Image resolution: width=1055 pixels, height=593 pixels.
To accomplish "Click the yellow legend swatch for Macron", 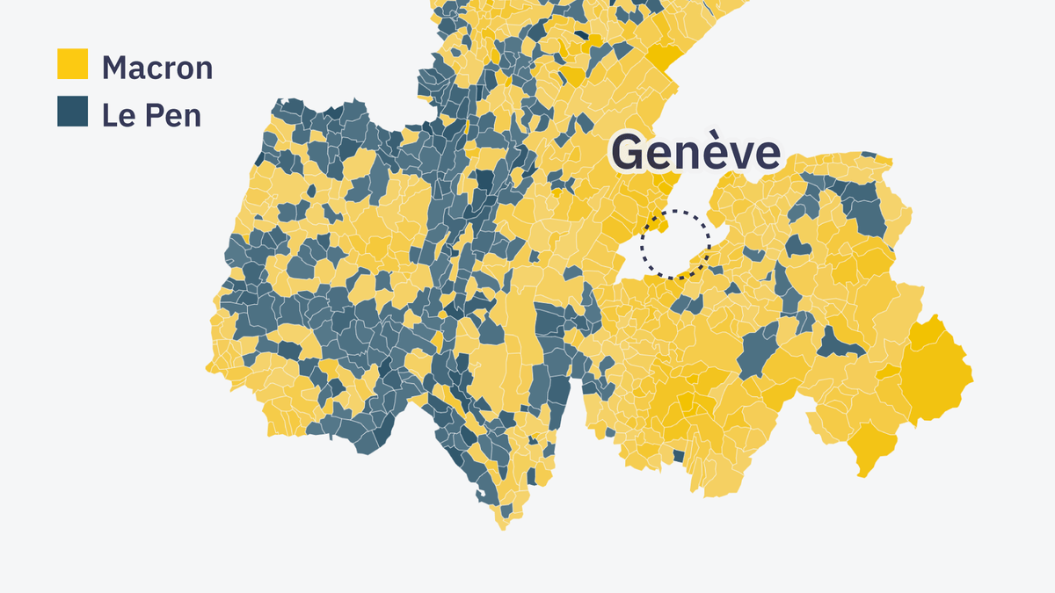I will pos(72,65).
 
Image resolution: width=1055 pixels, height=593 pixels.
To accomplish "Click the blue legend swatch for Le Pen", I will pos(72,112).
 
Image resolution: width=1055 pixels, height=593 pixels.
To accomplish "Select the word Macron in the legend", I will pos(157,67).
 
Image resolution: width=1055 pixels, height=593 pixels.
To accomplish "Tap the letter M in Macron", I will pos(113,67).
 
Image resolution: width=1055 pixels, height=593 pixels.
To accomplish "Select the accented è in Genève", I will pos(703,153).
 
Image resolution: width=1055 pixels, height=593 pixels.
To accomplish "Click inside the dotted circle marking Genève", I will pos(674,244).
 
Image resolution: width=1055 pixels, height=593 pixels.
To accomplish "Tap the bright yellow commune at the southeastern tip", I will pos(870,448).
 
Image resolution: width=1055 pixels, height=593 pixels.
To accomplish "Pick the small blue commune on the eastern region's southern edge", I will pos(678,456).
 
